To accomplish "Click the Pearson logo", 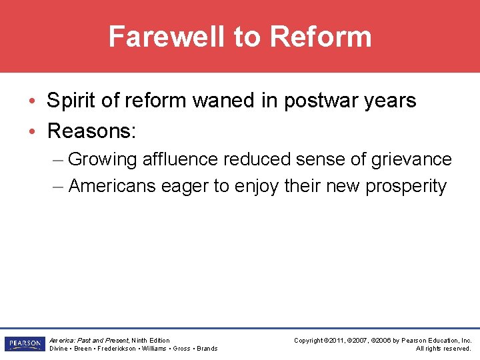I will point(24,344).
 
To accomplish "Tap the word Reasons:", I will point(91,131).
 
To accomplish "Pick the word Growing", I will point(102,160).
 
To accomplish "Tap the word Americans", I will point(113,186).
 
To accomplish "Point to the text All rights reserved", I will point(443,349).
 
